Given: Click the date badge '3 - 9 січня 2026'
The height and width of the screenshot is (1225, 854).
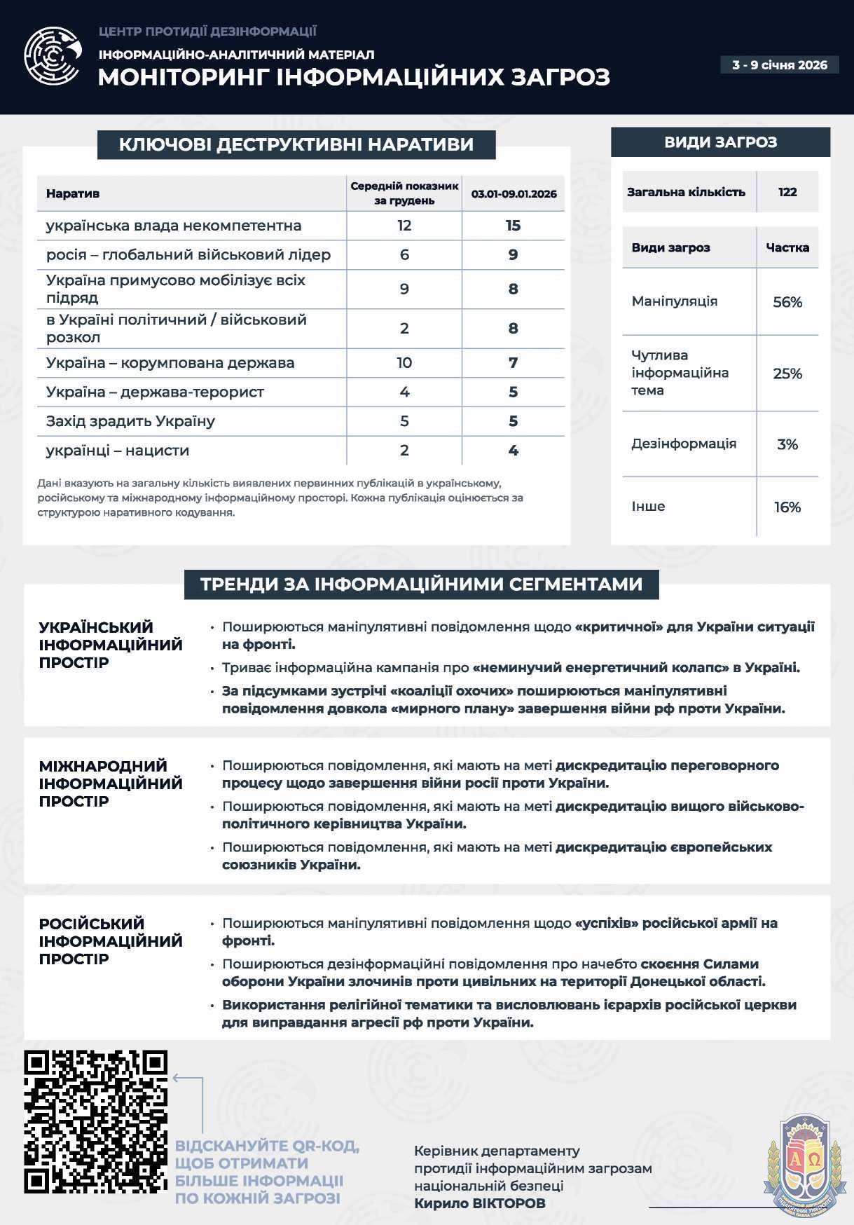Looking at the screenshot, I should (x=779, y=65).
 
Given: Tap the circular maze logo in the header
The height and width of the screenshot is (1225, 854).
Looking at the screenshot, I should (x=53, y=56).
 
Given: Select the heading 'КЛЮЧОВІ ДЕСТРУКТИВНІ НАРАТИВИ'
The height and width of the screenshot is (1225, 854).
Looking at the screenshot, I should (x=296, y=144).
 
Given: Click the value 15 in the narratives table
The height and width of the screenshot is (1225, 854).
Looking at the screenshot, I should (x=513, y=226).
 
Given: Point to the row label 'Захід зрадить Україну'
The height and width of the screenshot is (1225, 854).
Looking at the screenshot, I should (x=130, y=421).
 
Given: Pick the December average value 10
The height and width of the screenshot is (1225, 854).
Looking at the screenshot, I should (x=404, y=363).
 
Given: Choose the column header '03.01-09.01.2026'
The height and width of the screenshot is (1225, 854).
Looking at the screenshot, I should (x=514, y=194).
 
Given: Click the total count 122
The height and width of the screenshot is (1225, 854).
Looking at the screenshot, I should (x=787, y=192).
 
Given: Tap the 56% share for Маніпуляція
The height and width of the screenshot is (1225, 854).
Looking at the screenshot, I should (x=787, y=302).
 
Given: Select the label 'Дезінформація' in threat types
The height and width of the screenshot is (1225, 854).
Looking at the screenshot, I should (x=684, y=444).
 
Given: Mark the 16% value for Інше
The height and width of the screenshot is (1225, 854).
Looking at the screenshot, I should (x=787, y=507).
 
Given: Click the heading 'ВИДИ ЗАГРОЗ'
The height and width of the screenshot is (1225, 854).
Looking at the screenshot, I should (x=720, y=142).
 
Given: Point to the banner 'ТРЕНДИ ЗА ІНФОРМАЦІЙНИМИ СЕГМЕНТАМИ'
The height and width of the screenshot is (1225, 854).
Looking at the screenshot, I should (x=421, y=584).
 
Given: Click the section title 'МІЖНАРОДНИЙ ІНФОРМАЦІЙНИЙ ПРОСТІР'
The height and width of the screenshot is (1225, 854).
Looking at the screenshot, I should (x=111, y=783).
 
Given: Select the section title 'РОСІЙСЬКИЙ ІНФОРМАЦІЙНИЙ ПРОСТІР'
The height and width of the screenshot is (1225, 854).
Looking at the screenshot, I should (x=111, y=941).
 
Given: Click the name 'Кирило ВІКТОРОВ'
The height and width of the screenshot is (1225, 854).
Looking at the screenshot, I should (x=479, y=1203).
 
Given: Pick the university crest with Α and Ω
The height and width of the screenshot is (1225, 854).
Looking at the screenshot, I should (x=804, y=1160).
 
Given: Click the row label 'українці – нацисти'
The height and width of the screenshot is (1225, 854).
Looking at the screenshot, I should (x=118, y=451).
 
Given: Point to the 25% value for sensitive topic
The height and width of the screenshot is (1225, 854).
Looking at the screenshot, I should (x=787, y=374).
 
